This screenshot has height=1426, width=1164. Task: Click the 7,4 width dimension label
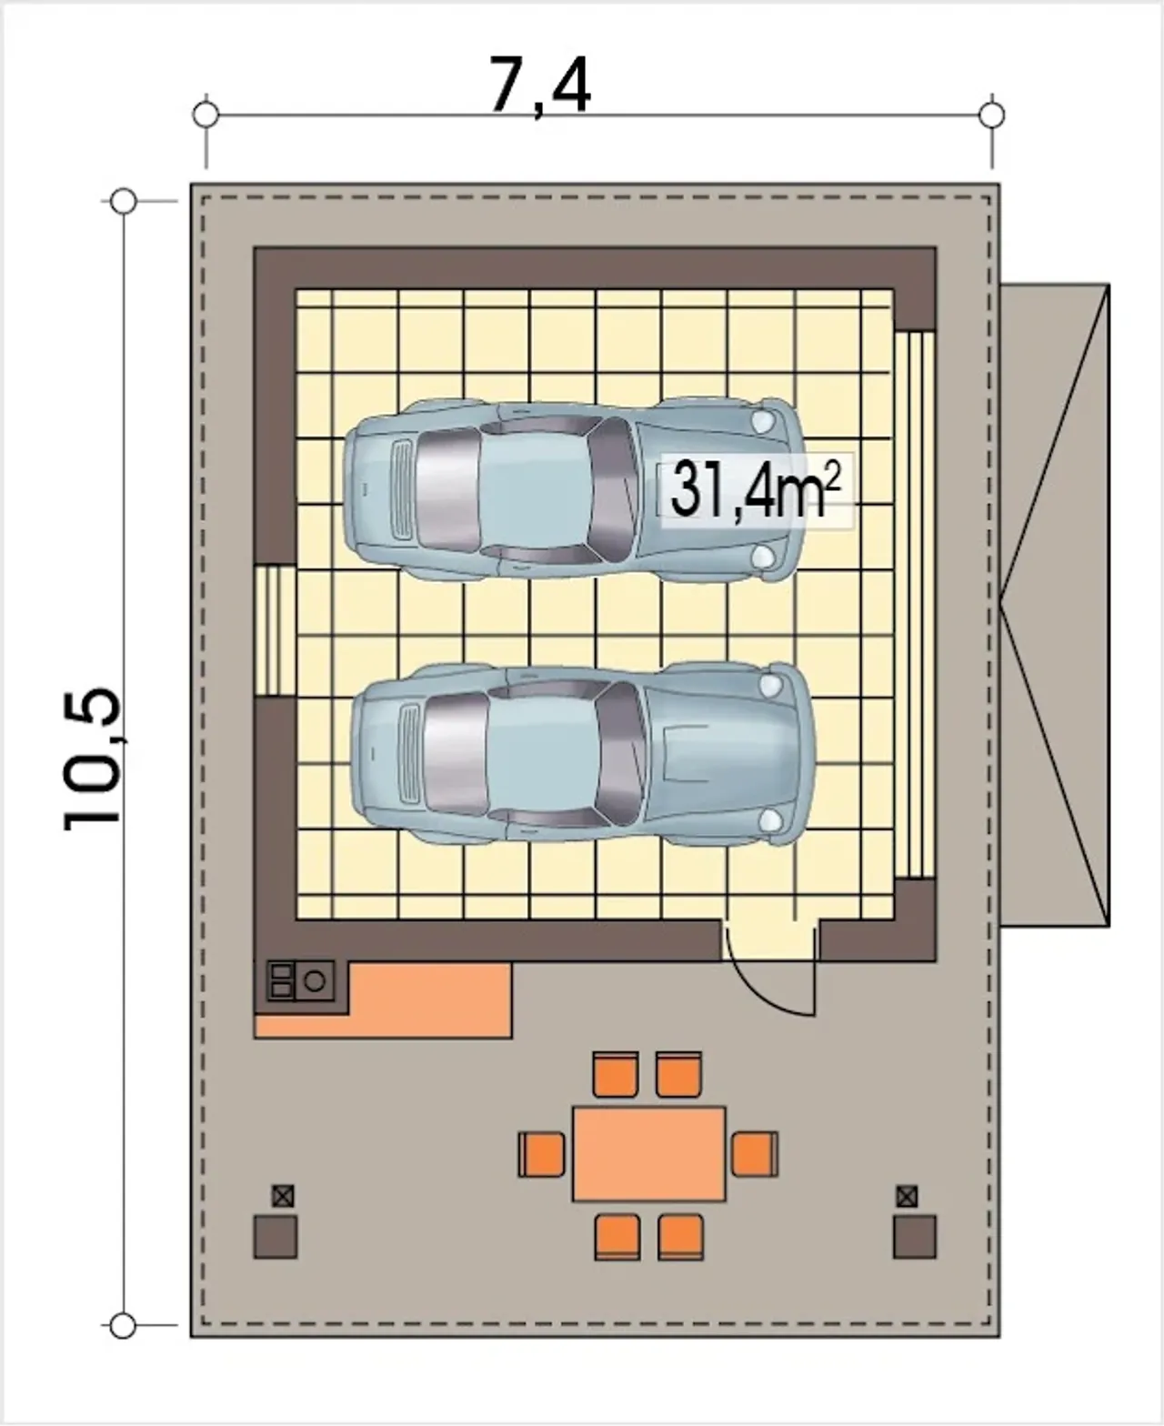click(x=540, y=86)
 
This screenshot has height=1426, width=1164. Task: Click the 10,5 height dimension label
click(x=93, y=758)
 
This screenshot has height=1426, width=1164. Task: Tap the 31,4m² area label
click(x=755, y=488)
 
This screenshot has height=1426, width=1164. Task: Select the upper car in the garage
click(x=574, y=488)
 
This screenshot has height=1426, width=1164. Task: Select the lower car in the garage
click(x=582, y=755)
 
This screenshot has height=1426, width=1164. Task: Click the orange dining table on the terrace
click(x=649, y=1153)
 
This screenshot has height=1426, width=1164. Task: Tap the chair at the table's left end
click(x=541, y=1154)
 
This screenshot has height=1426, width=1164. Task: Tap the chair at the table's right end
click(x=755, y=1154)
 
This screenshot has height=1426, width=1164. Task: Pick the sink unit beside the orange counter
click(x=301, y=979)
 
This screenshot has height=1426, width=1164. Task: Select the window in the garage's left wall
click(x=275, y=631)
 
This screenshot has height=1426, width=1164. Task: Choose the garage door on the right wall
click(x=914, y=604)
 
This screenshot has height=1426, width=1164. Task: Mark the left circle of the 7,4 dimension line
click(x=206, y=115)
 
